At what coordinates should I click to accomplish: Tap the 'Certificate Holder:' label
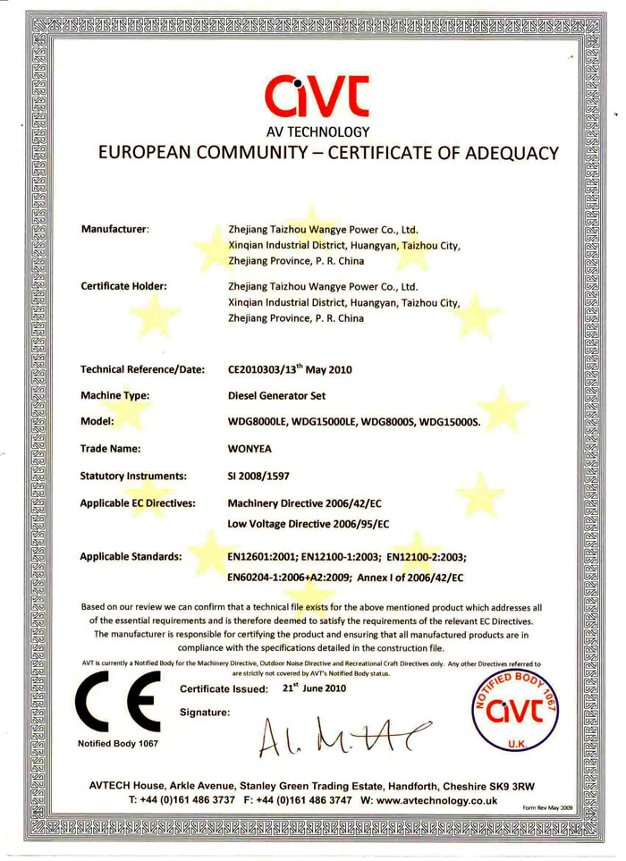click(125, 287)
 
